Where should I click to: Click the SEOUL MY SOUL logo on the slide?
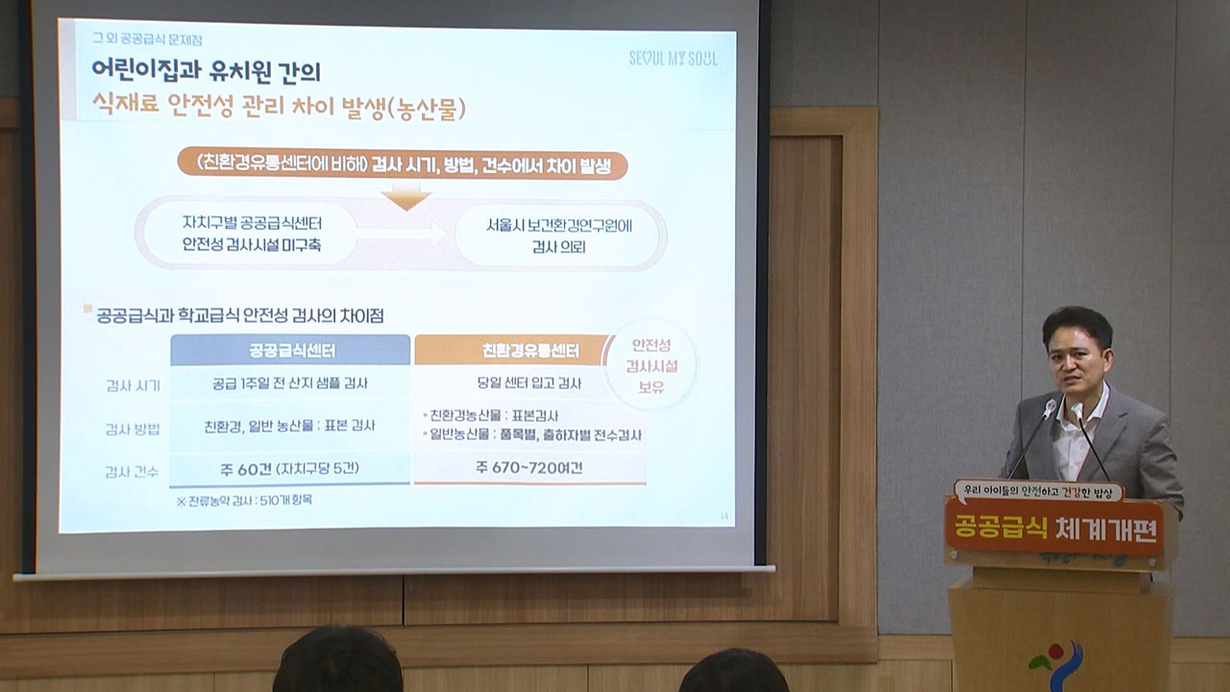tap(672, 58)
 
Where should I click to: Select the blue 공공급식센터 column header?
tap(290, 350)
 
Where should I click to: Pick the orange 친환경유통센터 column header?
tap(513, 350)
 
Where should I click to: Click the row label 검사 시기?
tap(133, 385)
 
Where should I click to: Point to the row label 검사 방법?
tap(133, 429)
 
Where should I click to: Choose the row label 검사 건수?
tap(133, 471)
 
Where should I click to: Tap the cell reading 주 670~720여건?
tap(529, 468)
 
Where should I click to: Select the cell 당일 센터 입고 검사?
tap(529, 383)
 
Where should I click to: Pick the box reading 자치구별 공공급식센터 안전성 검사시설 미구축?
tap(252, 234)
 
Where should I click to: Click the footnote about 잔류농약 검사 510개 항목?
tap(244, 501)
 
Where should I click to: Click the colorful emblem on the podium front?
tap(1056, 664)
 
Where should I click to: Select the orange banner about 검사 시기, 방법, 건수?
tap(403, 163)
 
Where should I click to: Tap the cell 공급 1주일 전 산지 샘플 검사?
tap(290, 383)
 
